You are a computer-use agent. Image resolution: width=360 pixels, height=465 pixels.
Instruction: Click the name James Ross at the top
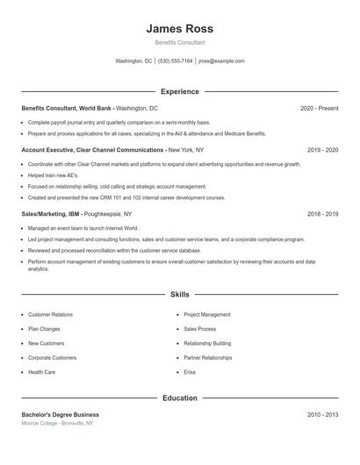[x=179, y=29]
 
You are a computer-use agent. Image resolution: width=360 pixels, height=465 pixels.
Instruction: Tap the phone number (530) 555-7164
[x=176, y=61]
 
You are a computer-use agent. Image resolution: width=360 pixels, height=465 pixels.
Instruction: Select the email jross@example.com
[x=221, y=61]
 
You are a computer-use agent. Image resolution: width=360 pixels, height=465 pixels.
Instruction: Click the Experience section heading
[x=179, y=91]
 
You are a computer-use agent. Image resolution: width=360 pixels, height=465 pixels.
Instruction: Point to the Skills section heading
[x=179, y=295]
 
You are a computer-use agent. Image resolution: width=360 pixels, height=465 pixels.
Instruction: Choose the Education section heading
[x=179, y=398]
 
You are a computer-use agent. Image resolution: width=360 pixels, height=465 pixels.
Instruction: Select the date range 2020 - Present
[x=319, y=108]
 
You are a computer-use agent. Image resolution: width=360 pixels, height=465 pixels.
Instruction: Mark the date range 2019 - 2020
[x=322, y=150]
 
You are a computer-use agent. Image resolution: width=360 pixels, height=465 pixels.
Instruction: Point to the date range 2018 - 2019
[x=322, y=214]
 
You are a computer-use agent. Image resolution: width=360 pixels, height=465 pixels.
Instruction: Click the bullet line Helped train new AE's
[x=53, y=175]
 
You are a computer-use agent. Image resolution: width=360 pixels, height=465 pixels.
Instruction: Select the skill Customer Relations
[x=51, y=314]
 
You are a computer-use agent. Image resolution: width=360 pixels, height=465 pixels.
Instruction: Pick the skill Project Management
[x=207, y=314]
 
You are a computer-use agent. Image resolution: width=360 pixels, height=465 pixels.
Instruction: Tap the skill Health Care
[x=41, y=372]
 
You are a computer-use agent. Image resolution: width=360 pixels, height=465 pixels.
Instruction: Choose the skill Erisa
[x=190, y=372]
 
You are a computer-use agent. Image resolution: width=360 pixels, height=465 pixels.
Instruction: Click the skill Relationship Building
[x=207, y=343]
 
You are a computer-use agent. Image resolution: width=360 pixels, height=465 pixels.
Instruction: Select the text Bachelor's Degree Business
[x=60, y=414]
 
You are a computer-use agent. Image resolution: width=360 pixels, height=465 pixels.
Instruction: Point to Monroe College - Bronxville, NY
[x=57, y=423]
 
